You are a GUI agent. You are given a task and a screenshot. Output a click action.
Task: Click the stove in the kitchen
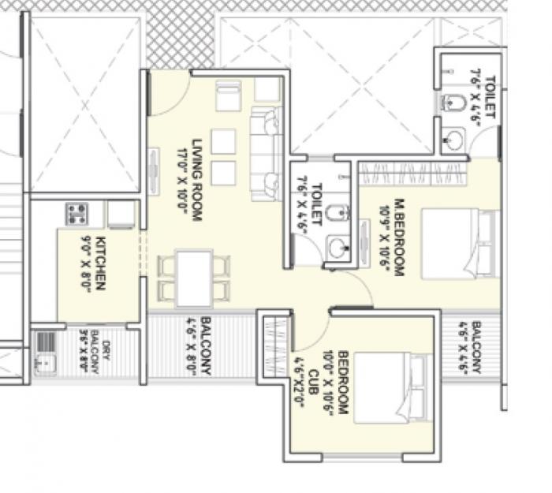pos(76,213)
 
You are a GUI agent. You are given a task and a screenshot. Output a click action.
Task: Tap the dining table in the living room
pos(194,278)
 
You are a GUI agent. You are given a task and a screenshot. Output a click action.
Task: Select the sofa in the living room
pos(266,155)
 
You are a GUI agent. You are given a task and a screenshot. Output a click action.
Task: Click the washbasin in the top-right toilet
pos(454,140)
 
